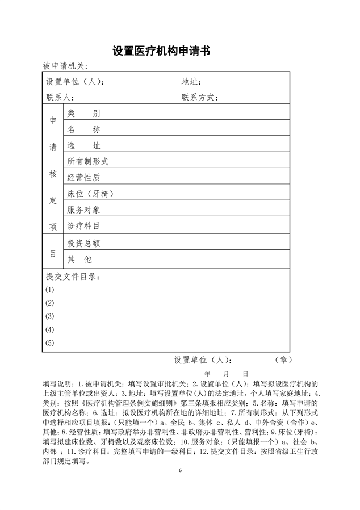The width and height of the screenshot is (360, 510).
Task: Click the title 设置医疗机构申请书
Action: click(162, 51)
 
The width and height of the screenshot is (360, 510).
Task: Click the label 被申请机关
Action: click(65, 66)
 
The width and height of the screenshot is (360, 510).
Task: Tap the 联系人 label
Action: click(59, 98)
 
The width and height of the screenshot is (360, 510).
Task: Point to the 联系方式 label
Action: click(199, 98)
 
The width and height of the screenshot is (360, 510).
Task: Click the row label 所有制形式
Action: click(87, 162)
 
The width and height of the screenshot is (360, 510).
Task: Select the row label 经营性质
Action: click(83, 178)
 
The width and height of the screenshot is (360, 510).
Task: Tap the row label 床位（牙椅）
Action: click(91, 194)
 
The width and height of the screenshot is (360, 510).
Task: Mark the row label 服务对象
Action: click(83, 210)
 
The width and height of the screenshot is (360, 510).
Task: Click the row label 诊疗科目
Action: click(83, 226)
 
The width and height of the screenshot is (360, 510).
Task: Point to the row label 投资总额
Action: click(83, 244)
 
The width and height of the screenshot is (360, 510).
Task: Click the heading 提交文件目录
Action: click(73, 277)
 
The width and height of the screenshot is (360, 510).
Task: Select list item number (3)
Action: click(50, 316)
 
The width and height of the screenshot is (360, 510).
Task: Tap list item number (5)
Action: click(50, 343)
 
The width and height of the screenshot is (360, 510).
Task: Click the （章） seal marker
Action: click(283, 360)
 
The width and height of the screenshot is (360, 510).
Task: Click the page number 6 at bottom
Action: click(180, 471)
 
